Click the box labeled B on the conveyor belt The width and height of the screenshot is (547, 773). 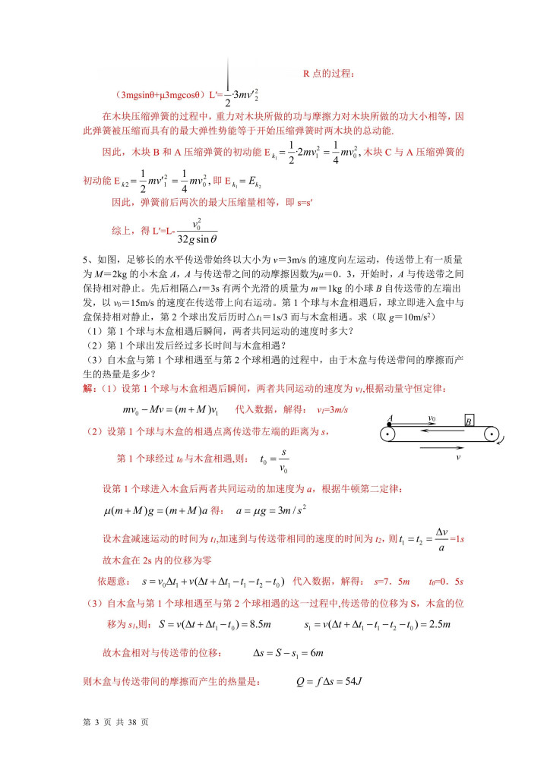(470, 421)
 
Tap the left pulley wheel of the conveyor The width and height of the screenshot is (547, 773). (387, 435)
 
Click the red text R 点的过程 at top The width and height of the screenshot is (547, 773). (329, 74)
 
